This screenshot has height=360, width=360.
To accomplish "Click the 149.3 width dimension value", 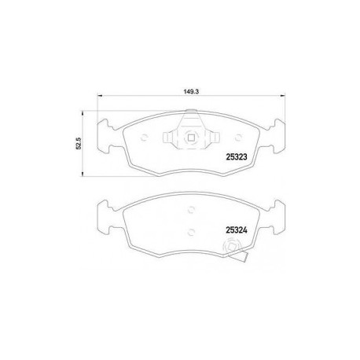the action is (x=191, y=92).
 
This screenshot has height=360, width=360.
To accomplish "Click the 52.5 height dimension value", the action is (x=79, y=143).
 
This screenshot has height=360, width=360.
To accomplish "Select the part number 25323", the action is (x=237, y=156).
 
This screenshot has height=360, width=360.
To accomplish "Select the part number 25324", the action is (x=237, y=230).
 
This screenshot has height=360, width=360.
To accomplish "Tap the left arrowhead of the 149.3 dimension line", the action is (x=100, y=96).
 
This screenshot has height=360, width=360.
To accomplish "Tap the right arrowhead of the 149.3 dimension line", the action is (x=283, y=96).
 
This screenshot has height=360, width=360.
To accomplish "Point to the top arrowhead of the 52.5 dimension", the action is (x=83, y=113).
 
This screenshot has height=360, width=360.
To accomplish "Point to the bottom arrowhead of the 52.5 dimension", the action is (x=83, y=174).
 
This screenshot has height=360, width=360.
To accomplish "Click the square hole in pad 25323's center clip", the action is (x=191, y=138).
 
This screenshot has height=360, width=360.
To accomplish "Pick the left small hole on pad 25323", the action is (x=144, y=138).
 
